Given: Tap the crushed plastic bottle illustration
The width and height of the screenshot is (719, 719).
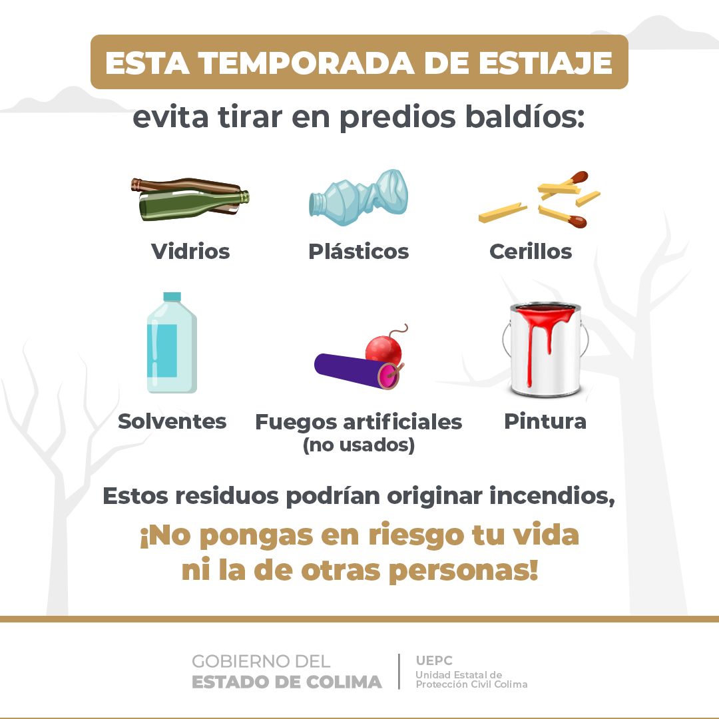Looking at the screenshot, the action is tap(359, 197).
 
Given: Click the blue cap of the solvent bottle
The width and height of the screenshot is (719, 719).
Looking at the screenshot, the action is tap(172, 297).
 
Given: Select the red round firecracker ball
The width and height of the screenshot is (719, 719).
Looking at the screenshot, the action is tap(383, 351).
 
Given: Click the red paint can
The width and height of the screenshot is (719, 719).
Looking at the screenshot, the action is tap(545, 348).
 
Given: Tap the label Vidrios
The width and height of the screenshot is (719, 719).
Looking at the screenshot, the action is tap(190, 251).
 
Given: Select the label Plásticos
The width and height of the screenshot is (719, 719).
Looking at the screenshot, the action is tap(359, 251).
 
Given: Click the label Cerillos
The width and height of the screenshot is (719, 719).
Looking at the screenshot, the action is tap(531, 251).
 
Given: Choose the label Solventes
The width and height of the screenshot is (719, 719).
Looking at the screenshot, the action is tap(172, 421).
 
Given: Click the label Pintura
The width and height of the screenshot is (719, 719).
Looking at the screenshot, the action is tap(545, 421).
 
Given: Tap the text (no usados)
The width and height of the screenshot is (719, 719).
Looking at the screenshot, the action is tap(359, 445).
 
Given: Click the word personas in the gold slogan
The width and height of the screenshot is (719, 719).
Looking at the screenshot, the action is tap(463, 571).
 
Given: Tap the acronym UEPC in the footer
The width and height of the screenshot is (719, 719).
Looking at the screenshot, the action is tap(434, 660).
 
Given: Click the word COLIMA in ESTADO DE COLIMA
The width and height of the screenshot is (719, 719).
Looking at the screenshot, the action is tap(344, 682).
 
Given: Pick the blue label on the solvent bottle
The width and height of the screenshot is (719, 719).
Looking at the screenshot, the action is tap(162, 350).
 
